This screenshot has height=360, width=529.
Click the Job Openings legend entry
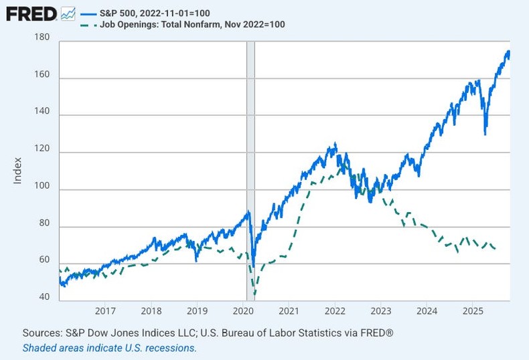[192, 25]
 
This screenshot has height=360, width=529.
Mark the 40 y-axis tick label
[44, 297]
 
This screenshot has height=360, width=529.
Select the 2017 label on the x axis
[106, 311]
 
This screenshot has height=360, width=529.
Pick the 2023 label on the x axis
[380, 311]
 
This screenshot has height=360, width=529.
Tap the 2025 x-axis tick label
[472, 311]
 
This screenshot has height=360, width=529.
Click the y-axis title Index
[18, 171]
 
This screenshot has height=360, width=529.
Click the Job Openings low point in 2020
[255, 294]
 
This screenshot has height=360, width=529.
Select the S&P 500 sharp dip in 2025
[485, 132]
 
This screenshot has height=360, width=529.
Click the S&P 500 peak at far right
[508, 52]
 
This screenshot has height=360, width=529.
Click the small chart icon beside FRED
[68, 13]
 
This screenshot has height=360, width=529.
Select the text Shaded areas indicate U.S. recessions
[110, 348]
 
